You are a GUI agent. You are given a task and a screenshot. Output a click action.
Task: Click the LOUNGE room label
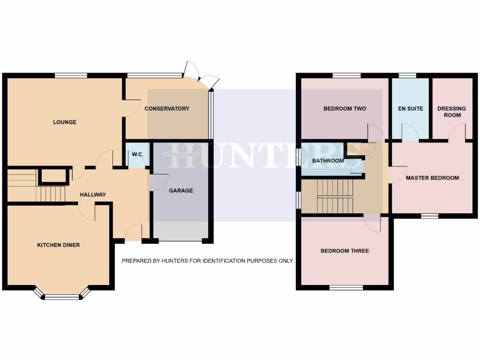pos(65,122)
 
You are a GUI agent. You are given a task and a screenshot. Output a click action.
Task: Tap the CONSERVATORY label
pos(167,109)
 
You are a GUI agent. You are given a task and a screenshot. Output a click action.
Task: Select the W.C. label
pos(137,155)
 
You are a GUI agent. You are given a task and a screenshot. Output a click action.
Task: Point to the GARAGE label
pos(181,191)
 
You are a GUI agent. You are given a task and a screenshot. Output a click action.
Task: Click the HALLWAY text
pos(92,195)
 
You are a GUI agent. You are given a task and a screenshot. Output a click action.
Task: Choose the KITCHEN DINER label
pos(59,245)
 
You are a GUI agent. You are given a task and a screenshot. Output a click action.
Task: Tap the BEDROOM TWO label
pos(345,109)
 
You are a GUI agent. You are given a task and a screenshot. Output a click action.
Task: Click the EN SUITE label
pos(410,109)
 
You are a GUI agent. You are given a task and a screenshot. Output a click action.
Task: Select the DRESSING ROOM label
pos(451,112)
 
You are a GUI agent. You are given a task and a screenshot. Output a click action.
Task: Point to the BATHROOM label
pos(328,161)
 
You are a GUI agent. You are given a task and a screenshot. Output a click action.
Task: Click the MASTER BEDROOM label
pos(432,178)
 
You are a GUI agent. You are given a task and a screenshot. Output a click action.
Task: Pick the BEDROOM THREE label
pos(345,251)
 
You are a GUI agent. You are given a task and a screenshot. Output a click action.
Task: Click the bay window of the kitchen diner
pos(62,296)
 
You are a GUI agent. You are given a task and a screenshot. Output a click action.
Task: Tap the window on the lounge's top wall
pos(71,75)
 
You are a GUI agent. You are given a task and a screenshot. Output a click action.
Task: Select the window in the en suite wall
pos(407,75)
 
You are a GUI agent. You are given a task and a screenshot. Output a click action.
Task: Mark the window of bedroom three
pos(345,287)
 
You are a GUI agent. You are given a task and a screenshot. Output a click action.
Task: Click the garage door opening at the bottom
pos(180,241)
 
